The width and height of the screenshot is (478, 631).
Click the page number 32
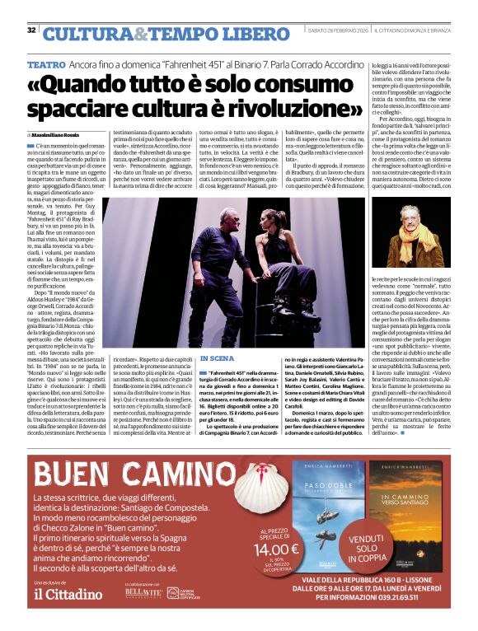point(31,30)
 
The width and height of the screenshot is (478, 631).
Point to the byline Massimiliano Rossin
point(57,134)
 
